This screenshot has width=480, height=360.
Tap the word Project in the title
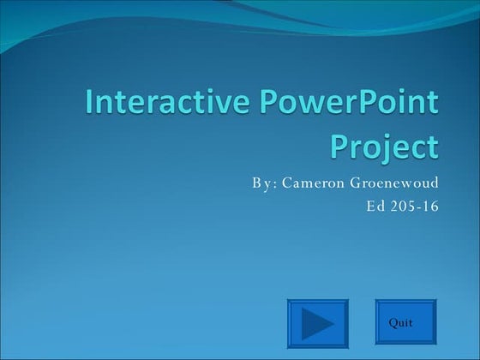(x=384, y=147)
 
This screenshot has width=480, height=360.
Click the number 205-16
(x=414, y=207)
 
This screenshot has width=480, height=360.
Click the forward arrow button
(x=317, y=323)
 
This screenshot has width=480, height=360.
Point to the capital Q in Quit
(x=393, y=322)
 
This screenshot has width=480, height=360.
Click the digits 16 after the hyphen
(x=430, y=207)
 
